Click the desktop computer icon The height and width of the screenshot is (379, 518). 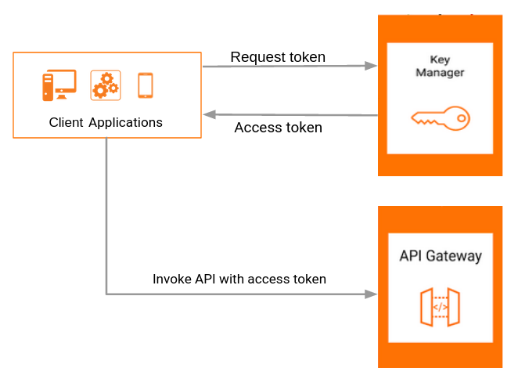tap(59, 85)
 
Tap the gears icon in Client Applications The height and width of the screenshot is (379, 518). tap(106, 85)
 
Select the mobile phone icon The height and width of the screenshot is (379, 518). tap(146, 85)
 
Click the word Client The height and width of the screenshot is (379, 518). tap(66, 122)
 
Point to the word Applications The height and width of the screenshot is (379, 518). tap(125, 123)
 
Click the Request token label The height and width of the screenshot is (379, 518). tap(278, 57)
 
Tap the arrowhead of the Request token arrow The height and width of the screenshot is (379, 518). tap(371, 66)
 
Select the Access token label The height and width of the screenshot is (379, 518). tap(278, 128)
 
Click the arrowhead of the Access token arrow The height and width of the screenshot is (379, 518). tap(210, 114)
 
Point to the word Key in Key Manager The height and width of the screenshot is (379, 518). tap(440, 60)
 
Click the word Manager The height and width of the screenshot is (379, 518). tap(440, 72)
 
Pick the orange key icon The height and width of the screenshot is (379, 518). tap(441, 118)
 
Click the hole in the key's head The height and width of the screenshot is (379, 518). tap(462, 118)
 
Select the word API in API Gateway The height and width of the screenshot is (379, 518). tap(411, 255)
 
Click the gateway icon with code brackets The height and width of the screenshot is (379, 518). tap(440, 307)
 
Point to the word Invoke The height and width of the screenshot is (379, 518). tap(172, 279)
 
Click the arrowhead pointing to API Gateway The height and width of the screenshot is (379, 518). tap(371, 294)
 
